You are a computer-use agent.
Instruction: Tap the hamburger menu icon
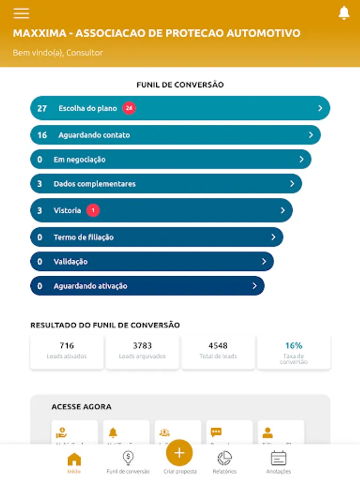click(x=21, y=13)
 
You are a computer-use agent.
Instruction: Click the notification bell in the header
click(x=344, y=13)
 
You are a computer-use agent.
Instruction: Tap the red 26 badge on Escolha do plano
click(x=129, y=108)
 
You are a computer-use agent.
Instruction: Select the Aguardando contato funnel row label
click(x=94, y=135)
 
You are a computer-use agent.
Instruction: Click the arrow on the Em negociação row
click(x=301, y=159)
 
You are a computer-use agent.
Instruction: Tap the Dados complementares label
click(x=94, y=184)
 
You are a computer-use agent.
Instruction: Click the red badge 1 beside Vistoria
click(x=93, y=211)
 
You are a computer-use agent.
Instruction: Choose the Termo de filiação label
click(x=83, y=237)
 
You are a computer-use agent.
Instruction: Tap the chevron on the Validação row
click(x=264, y=262)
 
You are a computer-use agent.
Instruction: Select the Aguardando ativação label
click(x=90, y=286)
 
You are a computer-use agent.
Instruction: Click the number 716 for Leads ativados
click(x=67, y=346)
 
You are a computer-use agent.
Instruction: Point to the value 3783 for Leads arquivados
click(x=142, y=346)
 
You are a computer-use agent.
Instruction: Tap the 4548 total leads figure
click(x=218, y=346)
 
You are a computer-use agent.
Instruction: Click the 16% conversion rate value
click(x=293, y=346)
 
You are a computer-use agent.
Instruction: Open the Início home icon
click(x=74, y=459)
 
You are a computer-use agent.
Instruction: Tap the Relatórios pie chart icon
click(x=225, y=458)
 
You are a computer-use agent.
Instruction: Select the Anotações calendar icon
click(x=278, y=458)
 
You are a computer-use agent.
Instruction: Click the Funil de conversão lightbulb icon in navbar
click(x=128, y=458)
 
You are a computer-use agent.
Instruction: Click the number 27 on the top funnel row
click(x=42, y=108)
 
